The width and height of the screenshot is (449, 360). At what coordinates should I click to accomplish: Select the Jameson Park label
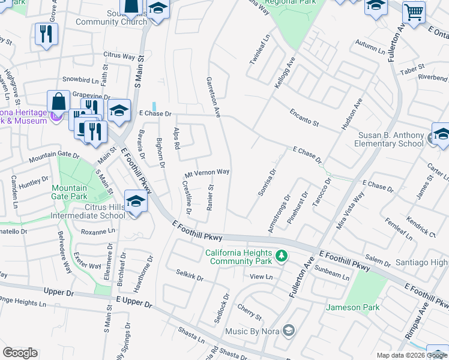(x=352, y=308)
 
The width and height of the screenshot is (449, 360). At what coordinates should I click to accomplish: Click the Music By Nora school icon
(x=289, y=331)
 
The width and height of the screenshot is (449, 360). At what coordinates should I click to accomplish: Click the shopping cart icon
(x=414, y=11)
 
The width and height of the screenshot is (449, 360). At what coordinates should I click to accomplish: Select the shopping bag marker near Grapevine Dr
(x=59, y=101)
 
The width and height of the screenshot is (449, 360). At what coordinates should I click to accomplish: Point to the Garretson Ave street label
(x=214, y=96)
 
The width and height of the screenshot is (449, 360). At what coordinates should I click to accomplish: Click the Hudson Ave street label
(x=351, y=114)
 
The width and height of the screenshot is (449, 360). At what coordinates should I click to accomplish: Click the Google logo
(x=20, y=353)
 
